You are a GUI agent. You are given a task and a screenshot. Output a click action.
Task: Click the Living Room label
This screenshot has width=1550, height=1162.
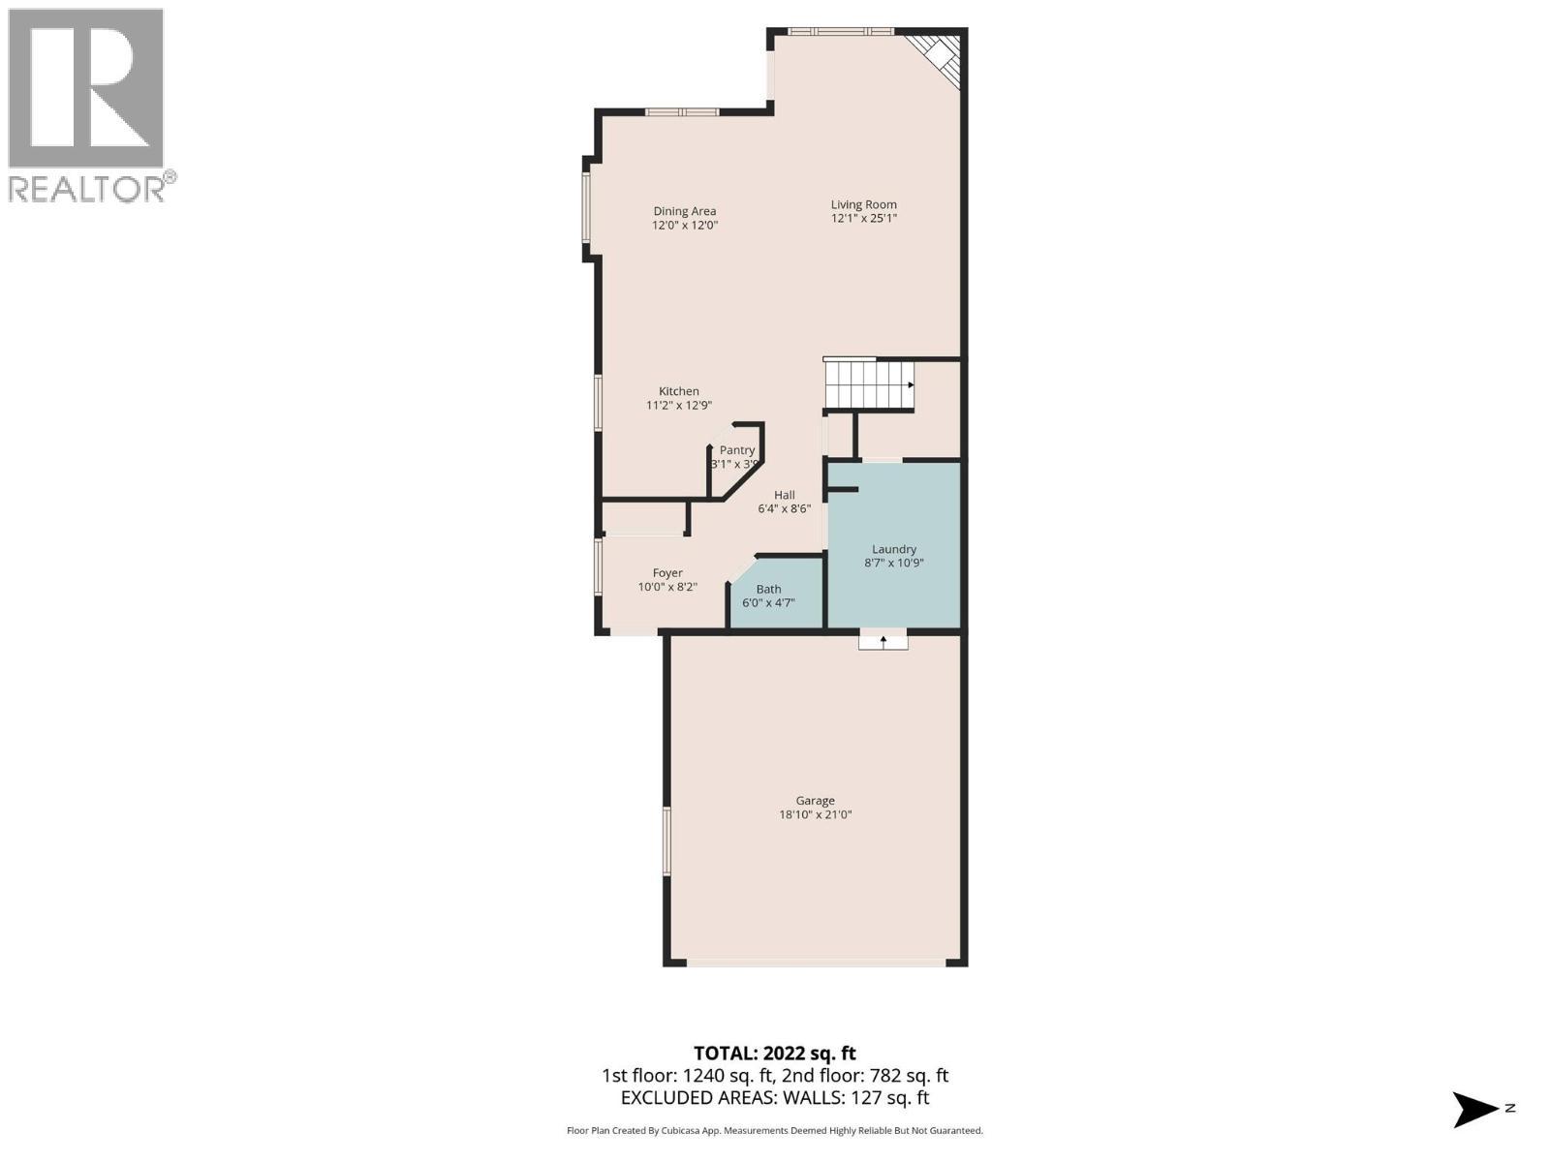coord(863,204)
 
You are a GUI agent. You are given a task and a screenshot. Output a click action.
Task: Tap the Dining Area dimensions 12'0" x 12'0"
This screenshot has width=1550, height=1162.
coord(684,225)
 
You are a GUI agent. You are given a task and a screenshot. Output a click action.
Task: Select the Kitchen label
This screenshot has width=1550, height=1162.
coord(679,391)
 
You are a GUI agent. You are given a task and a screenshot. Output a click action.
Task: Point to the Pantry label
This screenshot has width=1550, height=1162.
coord(736,450)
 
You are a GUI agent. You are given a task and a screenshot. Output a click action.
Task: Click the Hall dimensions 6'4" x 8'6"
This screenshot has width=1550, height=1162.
coord(784,508)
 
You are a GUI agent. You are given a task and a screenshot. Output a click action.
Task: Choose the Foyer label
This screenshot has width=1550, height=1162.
coord(667,573)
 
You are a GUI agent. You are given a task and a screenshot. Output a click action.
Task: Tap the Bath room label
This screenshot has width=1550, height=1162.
coord(768,589)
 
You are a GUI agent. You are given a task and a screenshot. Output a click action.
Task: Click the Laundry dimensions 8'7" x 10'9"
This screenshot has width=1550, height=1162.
coord(894,563)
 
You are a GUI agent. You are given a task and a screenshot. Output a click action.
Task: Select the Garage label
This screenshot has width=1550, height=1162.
coord(815,801)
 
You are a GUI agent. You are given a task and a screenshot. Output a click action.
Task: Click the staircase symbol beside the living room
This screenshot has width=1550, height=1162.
coord(869,384)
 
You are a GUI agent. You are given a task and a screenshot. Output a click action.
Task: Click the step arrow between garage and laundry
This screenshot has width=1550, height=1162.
coord(883,641)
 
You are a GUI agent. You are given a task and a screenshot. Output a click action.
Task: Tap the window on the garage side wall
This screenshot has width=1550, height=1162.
coord(666,841)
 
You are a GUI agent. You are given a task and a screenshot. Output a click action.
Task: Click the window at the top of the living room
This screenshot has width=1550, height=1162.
coord(840,31)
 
